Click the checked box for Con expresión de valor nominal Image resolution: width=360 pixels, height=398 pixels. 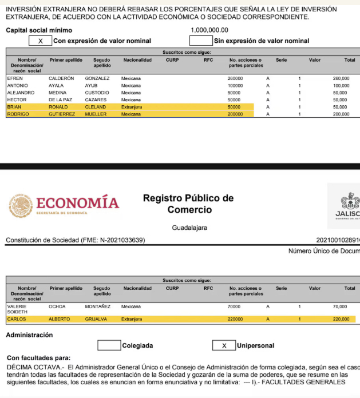point(40,41)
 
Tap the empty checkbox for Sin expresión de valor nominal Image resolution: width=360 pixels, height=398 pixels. point(200,41)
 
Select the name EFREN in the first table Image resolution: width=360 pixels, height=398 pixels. point(15,78)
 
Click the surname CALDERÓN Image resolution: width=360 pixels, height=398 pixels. point(61,78)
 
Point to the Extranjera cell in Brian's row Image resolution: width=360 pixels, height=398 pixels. point(132,107)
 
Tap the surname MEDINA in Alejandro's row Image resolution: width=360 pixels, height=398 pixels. point(57,93)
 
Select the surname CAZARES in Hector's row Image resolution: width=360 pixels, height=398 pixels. point(96,100)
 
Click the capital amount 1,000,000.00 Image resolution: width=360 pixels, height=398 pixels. point(209,30)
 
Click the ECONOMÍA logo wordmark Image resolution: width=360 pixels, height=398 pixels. point(77,204)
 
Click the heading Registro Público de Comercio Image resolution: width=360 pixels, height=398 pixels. point(188,204)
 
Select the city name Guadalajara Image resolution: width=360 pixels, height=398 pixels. point(189,228)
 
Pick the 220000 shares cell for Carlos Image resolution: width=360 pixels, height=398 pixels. point(235,319)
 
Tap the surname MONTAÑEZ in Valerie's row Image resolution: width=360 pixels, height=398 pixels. point(98,307)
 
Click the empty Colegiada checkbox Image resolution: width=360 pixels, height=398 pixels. point(109,345)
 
